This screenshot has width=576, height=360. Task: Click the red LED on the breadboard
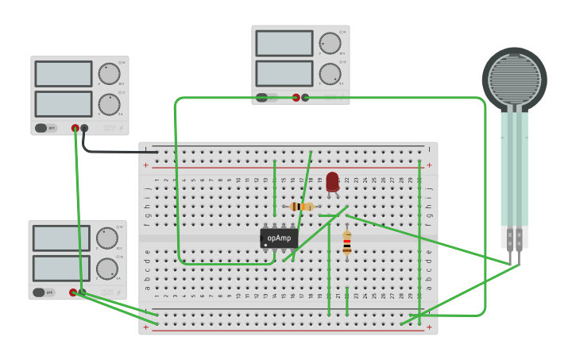[332, 182]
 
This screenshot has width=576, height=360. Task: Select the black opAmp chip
[279, 238]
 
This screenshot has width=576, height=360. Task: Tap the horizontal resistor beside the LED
[302, 207]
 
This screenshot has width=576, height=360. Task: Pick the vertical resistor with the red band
[346, 243]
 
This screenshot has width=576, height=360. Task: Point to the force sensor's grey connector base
[514, 237]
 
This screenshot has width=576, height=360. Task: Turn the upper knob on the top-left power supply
[109, 74]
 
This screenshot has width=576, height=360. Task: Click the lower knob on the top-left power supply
[109, 104]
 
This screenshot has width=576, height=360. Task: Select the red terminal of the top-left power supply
[75, 128]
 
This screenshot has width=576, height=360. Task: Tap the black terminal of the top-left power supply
[84, 128]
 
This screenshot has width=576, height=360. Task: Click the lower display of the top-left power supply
[64, 104]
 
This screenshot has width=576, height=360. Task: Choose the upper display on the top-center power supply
[284, 44]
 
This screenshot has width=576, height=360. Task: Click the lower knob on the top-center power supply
[330, 74]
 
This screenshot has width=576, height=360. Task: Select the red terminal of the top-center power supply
[296, 98]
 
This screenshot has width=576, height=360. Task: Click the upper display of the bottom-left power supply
[61, 238]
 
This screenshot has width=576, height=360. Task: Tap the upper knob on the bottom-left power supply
[106, 238]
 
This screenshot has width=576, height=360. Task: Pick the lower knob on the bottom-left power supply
[106, 269]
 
